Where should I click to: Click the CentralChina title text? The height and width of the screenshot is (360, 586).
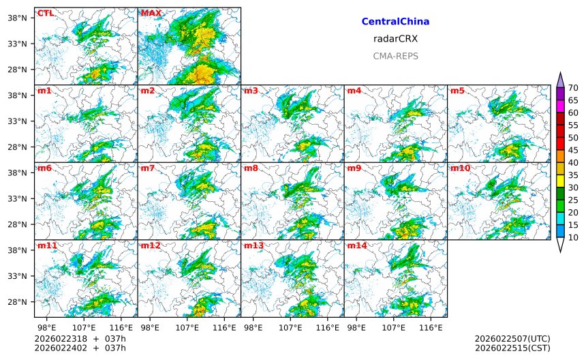pyautogui.click(x=395, y=22)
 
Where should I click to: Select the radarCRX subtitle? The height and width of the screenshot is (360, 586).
pyautogui.click(x=395, y=39)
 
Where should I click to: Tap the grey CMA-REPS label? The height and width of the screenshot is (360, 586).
pyautogui.click(x=395, y=57)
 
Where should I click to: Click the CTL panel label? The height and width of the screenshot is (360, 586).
pyautogui.click(x=46, y=13)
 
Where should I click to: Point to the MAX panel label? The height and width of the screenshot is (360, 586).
pyautogui.click(x=151, y=13)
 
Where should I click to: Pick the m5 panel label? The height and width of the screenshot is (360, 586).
pyautogui.click(x=457, y=91)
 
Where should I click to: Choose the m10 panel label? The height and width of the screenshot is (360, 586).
pyautogui.click(x=460, y=168)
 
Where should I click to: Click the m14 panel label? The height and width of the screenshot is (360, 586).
pyautogui.click(x=356, y=245)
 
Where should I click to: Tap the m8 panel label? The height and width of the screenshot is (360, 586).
pyautogui.click(x=251, y=168)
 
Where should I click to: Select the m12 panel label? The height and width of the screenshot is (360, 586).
pyautogui.click(x=150, y=245)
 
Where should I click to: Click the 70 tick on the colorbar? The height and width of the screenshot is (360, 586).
pyautogui.click(x=573, y=88)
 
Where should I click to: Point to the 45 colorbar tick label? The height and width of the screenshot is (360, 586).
pyautogui.click(x=573, y=150)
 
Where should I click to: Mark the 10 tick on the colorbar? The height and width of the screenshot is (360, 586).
pyautogui.click(x=573, y=237)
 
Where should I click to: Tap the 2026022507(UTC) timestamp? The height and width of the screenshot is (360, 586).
pyautogui.click(x=512, y=339)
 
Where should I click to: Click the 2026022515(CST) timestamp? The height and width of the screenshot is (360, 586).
pyautogui.click(x=512, y=348)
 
